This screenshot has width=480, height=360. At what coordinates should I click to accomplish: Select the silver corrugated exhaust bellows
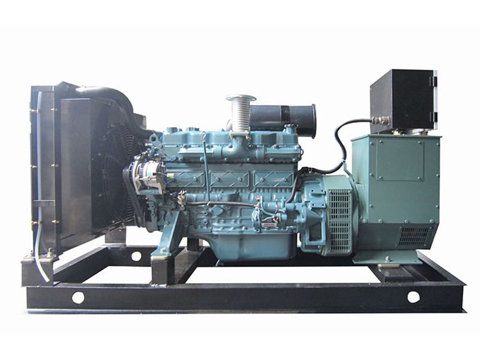(241, 117)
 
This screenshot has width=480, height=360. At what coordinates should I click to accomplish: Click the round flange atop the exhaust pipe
(241, 98)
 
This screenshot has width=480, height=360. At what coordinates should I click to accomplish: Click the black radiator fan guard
(112, 174)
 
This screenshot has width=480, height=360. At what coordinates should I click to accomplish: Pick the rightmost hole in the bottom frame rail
(413, 296)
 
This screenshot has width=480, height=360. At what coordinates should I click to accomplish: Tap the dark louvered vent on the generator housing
(414, 236)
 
